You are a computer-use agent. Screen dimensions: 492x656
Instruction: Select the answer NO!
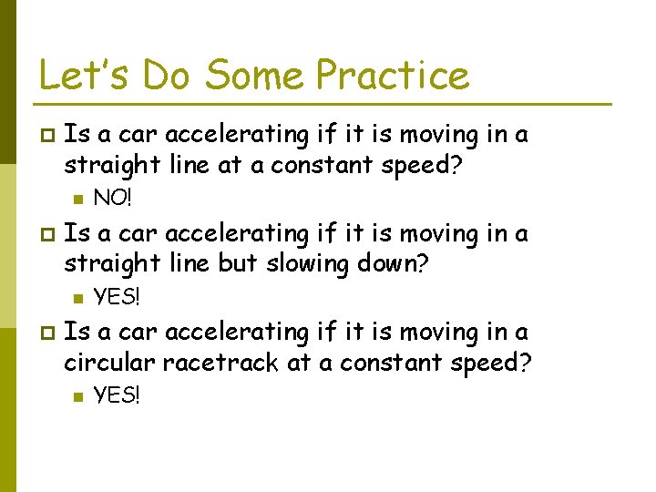[x=113, y=197]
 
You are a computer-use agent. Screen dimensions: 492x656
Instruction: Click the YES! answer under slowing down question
[x=118, y=296]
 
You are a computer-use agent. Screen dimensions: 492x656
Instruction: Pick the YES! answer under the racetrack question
[x=118, y=395]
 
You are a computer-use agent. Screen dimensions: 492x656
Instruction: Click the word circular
[x=109, y=363]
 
